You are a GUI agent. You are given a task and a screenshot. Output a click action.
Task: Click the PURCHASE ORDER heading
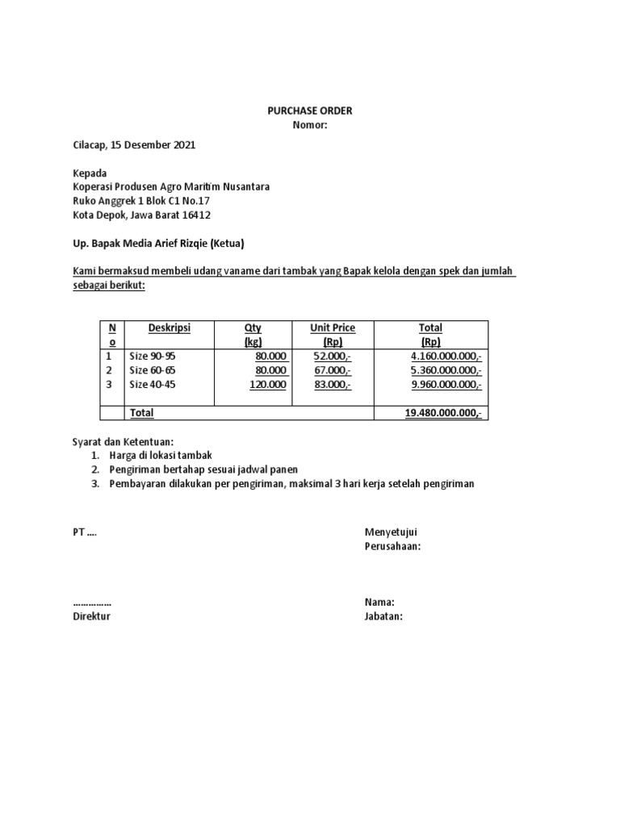(x=310, y=111)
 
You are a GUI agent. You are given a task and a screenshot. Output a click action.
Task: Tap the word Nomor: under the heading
(x=310, y=125)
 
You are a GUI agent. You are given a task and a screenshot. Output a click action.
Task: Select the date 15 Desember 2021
(x=155, y=145)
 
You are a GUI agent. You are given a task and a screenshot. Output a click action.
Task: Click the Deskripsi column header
(x=170, y=327)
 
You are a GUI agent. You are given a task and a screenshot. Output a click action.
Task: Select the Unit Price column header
(x=333, y=327)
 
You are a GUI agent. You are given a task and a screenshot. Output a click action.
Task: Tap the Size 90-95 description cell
(x=152, y=355)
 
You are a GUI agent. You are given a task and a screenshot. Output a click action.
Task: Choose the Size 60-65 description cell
(x=152, y=369)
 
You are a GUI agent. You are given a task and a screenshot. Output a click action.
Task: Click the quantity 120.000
(x=269, y=384)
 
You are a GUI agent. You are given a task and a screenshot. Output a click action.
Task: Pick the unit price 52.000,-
(x=333, y=355)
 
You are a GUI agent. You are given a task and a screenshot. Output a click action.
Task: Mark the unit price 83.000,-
(x=333, y=384)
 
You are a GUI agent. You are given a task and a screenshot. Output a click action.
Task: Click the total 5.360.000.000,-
(x=446, y=369)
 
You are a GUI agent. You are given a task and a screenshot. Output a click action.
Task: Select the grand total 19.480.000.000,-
(x=443, y=413)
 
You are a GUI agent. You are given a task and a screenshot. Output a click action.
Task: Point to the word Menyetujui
(x=391, y=532)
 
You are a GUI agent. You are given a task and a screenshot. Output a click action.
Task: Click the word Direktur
(x=91, y=616)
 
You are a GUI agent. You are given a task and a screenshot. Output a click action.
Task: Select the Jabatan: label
(x=383, y=616)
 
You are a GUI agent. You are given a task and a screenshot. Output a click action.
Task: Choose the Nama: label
(x=379, y=602)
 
